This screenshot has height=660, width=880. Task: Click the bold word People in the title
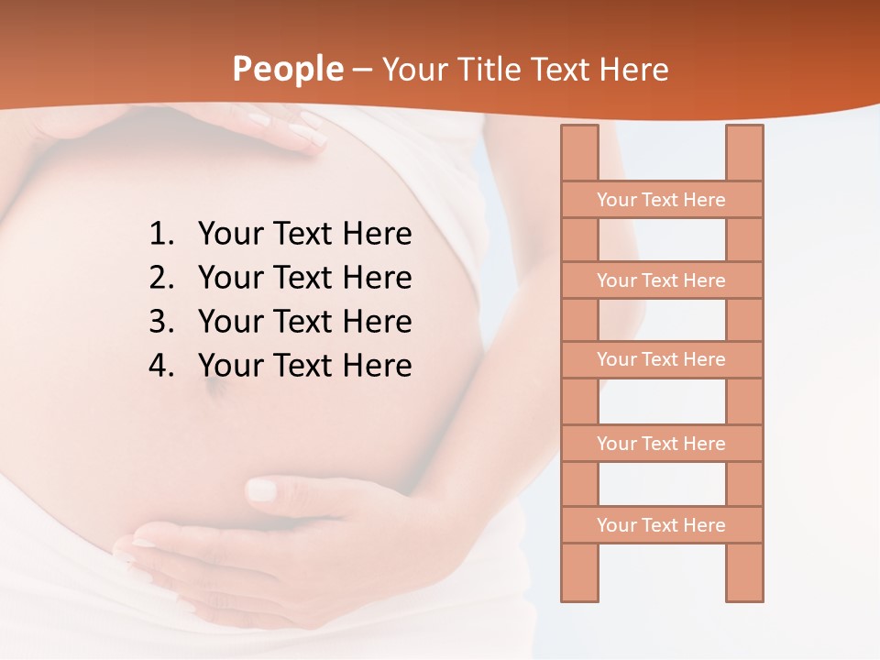tap(287, 69)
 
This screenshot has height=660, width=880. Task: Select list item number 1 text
tap(304, 235)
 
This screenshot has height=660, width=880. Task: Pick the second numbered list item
tap(304, 278)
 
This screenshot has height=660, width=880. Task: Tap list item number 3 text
tap(304, 322)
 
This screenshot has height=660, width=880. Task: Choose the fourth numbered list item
tap(304, 366)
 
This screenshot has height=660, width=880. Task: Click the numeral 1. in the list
tap(161, 235)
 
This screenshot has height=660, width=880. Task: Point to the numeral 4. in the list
tap(161, 366)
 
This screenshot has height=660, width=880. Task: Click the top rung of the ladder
tap(661, 200)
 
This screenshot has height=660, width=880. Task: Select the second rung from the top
tap(661, 280)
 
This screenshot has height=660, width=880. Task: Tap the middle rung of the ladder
tap(661, 359)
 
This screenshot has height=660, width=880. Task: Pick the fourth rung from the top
tap(661, 444)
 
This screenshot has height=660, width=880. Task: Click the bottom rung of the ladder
tap(661, 525)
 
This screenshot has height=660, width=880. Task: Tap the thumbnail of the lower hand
tap(261, 489)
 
